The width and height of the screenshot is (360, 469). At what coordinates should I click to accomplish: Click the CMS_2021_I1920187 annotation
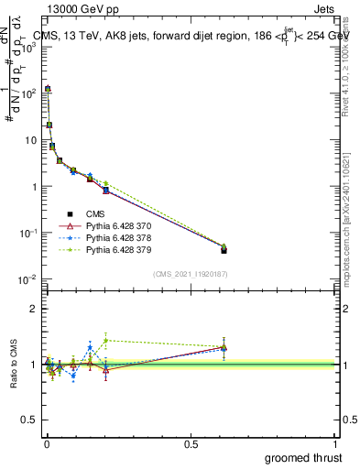point(191,273)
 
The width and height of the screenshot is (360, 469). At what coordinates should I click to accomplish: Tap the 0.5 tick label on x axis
point(191,443)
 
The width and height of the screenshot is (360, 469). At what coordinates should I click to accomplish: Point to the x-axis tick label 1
point(337,443)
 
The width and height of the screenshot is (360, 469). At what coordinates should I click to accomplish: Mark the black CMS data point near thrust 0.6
point(224,249)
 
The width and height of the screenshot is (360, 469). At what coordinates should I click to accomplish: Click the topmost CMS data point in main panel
point(48,89)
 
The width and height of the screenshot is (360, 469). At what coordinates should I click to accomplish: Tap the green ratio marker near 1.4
point(106,341)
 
